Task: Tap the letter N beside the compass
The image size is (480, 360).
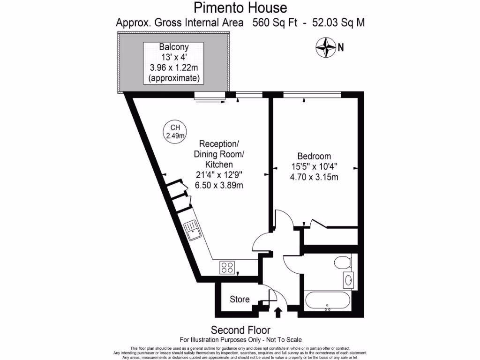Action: click(341, 47)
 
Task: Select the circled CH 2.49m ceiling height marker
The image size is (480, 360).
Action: click(174, 132)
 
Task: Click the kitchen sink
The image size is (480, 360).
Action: click(193, 231)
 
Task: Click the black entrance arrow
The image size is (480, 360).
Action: click(277, 312)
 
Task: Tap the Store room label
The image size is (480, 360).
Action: click(240, 300)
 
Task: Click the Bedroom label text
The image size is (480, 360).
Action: click(314, 156)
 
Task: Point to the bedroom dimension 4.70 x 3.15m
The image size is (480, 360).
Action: click(314, 177)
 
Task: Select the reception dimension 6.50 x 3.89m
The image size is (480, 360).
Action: click(219, 185)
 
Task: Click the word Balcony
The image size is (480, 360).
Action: click(174, 47)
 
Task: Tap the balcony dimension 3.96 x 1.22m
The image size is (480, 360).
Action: click(174, 68)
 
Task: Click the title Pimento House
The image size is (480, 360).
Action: click(240, 7)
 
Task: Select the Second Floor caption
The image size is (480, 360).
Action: click(240, 330)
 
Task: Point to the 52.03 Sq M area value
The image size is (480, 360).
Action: click(335, 22)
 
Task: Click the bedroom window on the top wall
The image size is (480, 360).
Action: click(312, 95)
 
